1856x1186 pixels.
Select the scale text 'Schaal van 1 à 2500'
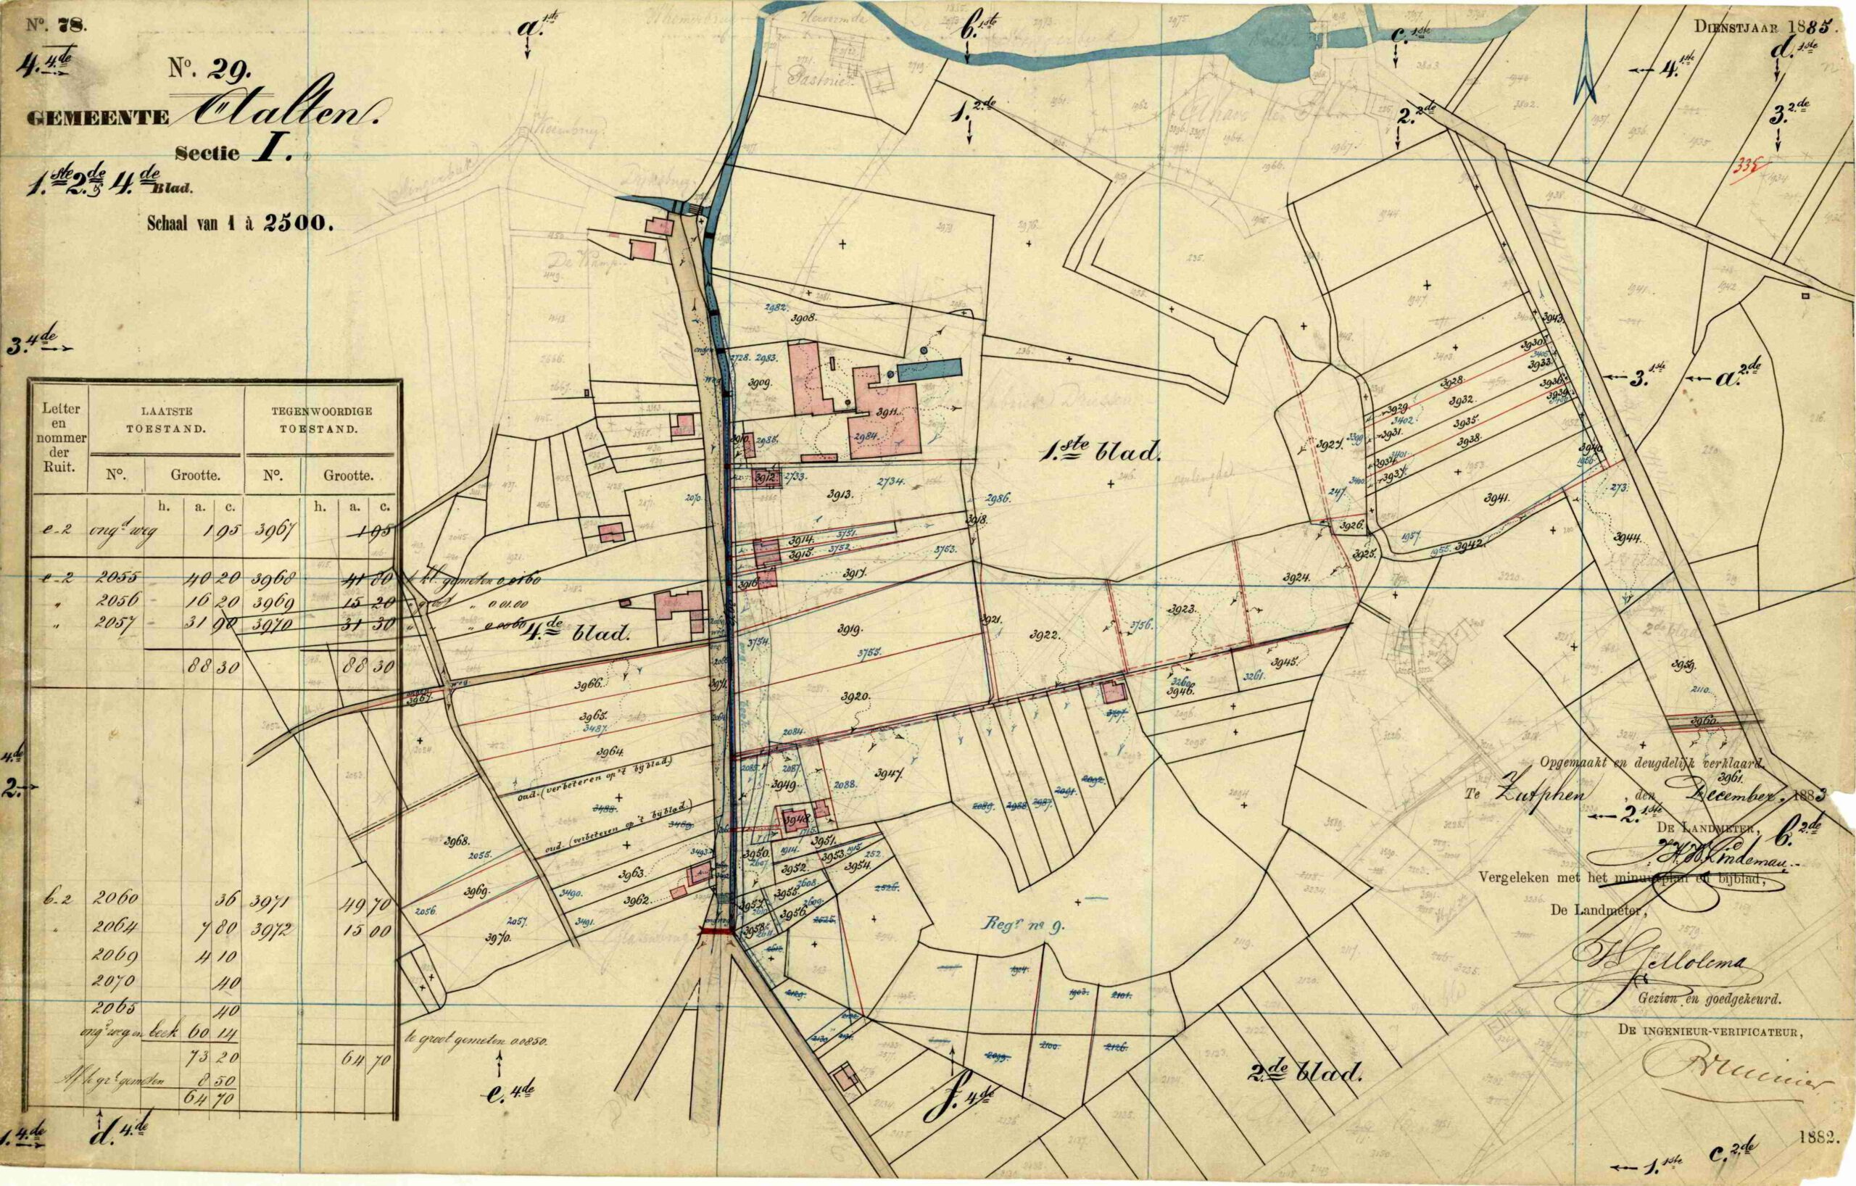coord(240,224)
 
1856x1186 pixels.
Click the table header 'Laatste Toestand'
coord(166,420)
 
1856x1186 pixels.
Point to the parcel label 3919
coord(850,629)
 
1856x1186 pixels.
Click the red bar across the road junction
coord(716,932)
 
